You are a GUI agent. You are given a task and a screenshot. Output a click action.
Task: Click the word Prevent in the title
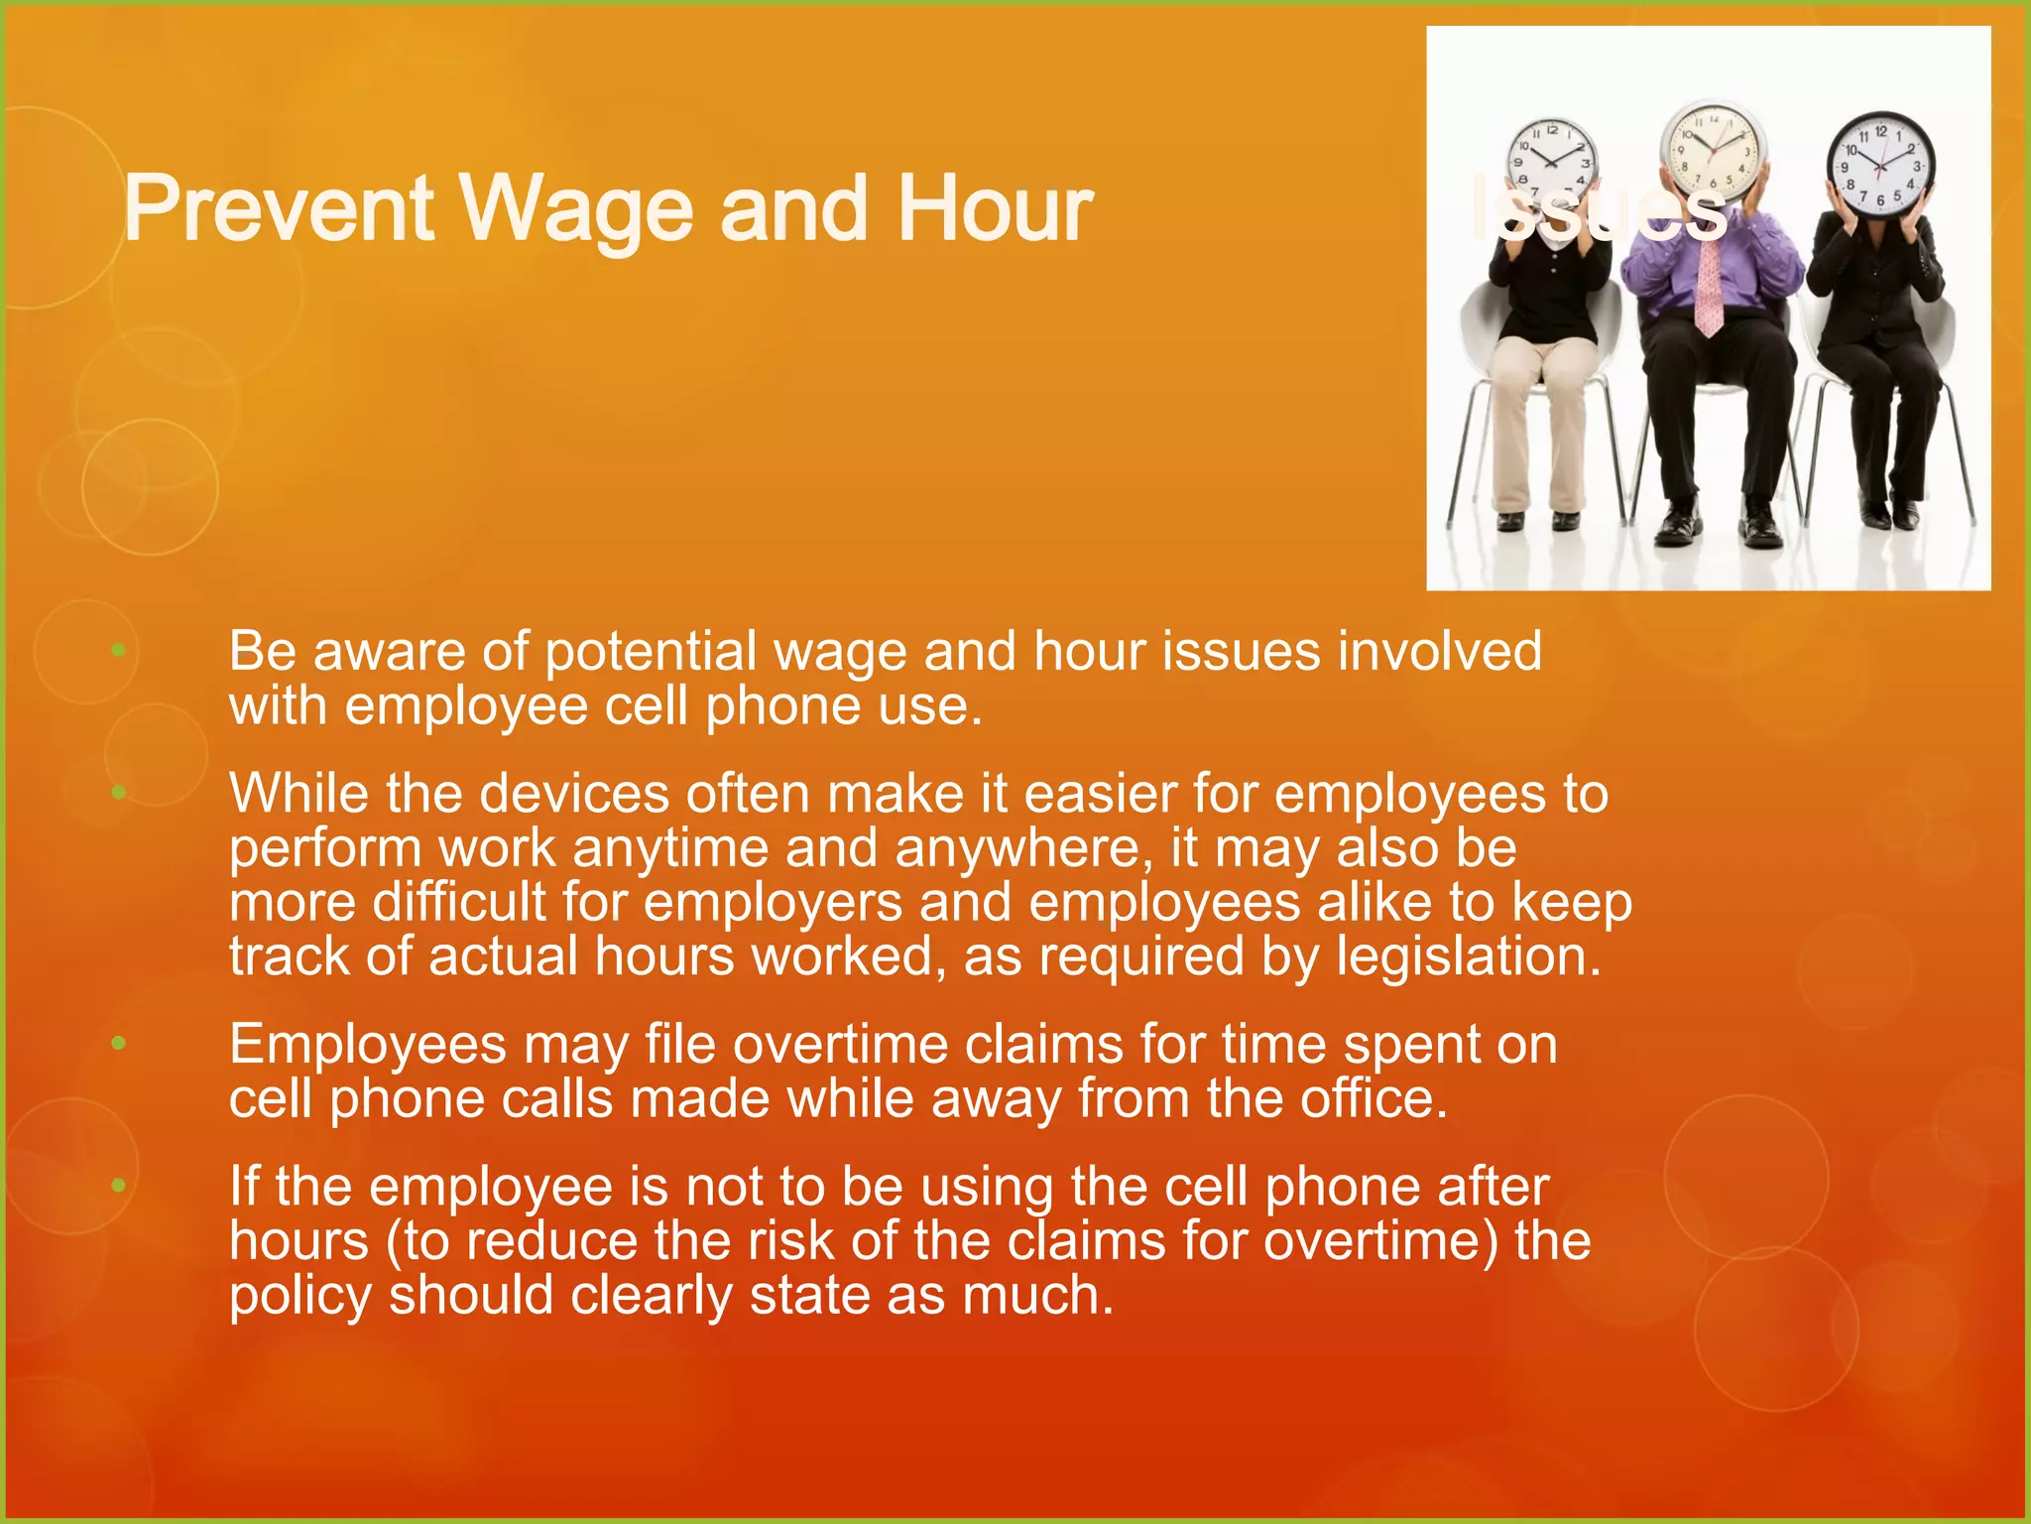[x=279, y=209]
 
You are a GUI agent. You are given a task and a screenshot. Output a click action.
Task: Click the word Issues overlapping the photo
[x=1598, y=209]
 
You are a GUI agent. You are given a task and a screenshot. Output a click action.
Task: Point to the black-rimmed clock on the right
[x=1880, y=165]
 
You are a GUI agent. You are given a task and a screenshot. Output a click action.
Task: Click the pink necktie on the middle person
[x=1709, y=288]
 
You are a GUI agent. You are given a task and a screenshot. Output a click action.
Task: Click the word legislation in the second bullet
[x=1467, y=956]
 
